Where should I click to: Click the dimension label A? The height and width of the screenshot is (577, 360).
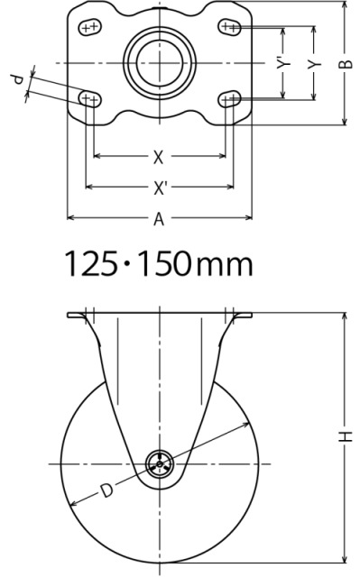[x=159, y=219]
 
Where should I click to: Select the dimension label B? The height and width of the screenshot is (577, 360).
[x=346, y=64]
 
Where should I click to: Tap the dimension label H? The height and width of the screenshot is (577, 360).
[x=346, y=436]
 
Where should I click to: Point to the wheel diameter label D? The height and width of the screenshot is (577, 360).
[x=106, y=490]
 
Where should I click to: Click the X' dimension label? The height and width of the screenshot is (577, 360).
[x=160, y=188]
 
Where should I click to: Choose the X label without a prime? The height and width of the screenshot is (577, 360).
[x=158, y=158]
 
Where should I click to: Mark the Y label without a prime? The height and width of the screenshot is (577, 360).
[x=315, y=64]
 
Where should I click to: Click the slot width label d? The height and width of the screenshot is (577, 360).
[x=18, y=78]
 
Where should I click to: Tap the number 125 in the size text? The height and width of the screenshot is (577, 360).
[x=90, y=263]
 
